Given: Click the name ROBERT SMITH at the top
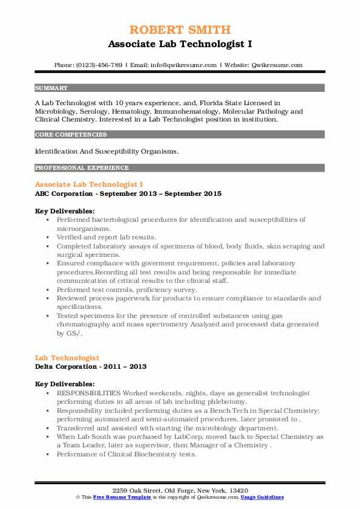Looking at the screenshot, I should coord(180,30).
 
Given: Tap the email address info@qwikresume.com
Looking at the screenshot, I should coord(185,65).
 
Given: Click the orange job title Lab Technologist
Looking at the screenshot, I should coord(67,358).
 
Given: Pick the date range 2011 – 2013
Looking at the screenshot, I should coord(128,366).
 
